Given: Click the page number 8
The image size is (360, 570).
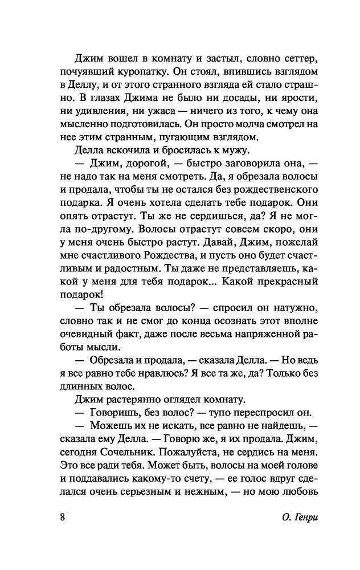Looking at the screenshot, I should pyautogui.click(x=62, y=518).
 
